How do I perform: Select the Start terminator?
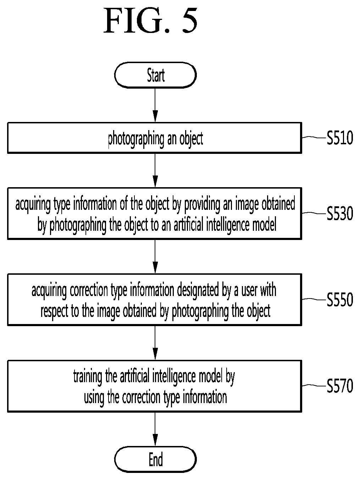155,75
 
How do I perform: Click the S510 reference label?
340,138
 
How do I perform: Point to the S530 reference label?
340,213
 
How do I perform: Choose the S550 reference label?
340,300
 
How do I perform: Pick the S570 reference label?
340,386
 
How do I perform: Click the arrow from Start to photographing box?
155,105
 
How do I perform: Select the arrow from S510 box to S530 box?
155,171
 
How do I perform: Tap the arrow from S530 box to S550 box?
155,257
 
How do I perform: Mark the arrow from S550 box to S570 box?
155,343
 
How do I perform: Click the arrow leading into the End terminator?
155,429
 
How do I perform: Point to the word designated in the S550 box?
198,291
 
